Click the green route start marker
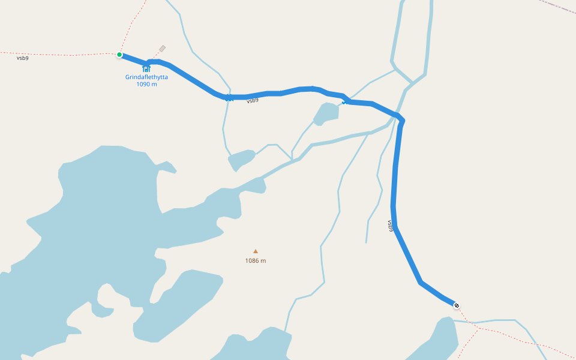pyautogui.click(x=119, y=55)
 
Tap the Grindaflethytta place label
pyautogui.click(x=146, y=77)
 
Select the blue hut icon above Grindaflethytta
pyautogui.click(x=146, y=68)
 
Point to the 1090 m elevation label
pyautogui.click(x=146, y=84)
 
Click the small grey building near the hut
pyautogui.click(x=162, y=49)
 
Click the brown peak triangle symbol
pyautogui.click(x=256, y=251)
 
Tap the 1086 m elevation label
pyautogui.click(x=256, y=260)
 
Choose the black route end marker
pyautogui.click(x=457, y=306)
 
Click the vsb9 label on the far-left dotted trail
pyautogui.click(x=22, y=58)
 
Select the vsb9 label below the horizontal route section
pyautogui.click(x=253, y=101)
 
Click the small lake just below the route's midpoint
pyautogui.click(x=326, y=113)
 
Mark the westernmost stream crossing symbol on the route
pyautogui.click(x=229, y=98)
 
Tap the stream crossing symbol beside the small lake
pyautogui.click(x=344, y=102)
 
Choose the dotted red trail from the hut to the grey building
pyautogui.click(x=155, y=58)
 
